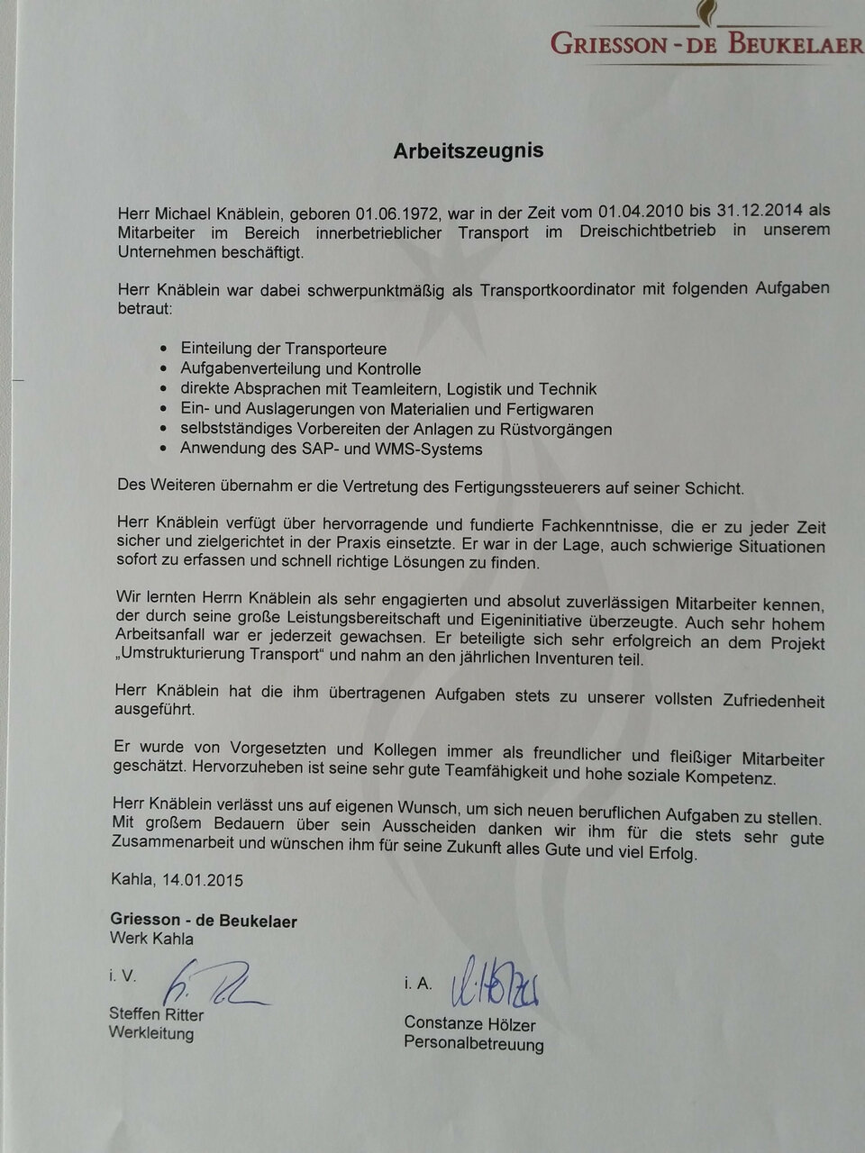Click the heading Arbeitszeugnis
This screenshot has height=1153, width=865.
coord(468,151)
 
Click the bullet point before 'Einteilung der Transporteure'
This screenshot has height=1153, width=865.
coord(162,349)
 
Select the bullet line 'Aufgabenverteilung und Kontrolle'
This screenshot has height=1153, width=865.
coord(300,368)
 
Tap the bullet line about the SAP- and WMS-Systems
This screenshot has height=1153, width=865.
coord(331,449)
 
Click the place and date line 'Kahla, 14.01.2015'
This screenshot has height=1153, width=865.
coord(177,879)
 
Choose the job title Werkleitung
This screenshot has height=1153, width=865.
coord(151,1033)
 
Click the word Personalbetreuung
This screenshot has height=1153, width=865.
coord(473,1045)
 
